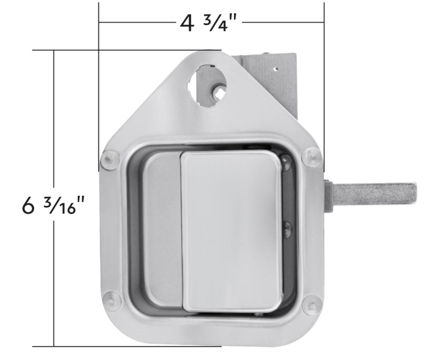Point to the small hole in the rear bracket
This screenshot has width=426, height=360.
276,68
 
